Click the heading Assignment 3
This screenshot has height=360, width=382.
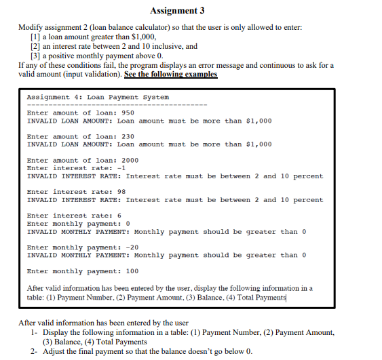[176, 11]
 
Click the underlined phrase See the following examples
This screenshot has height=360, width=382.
[171, 74]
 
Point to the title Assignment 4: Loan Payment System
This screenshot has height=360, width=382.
[98, 98]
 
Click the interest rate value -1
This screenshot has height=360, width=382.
[121, 168]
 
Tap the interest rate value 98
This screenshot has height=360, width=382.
[121, 192]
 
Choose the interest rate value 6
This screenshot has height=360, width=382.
[119, 216]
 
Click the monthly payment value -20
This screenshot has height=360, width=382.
[132, 247]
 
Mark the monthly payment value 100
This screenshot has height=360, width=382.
[132, 271]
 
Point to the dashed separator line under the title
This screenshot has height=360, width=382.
[115, 105]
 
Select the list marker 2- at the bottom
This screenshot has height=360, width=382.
[34, 351]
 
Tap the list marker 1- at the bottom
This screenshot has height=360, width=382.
[34, 332]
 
